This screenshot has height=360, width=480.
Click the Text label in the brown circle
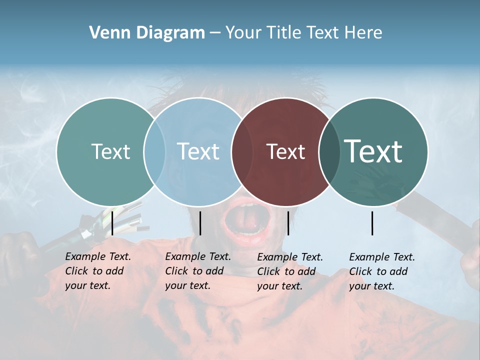(x=285, y=152)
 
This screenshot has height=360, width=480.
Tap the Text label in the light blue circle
(x=198, y=151)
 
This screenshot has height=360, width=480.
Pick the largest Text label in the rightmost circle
(x=373, y=151)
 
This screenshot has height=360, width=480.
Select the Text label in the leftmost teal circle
(x=110, y=151)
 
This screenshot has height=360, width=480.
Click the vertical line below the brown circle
(x=288, y=223)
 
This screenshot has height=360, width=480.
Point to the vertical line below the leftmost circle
(x=112, y=223)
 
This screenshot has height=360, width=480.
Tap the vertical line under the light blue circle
(x=200, y=223)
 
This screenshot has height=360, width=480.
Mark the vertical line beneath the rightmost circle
(x=372, y=223)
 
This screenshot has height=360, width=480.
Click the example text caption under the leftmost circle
(x=98, y=271)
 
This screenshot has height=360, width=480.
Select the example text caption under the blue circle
(x=198, y=271)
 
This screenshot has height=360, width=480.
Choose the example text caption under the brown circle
(x=290, y=271)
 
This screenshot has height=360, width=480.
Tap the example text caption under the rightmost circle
(x=382, y=271)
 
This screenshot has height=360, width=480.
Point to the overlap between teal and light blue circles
(x=154, y=151)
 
